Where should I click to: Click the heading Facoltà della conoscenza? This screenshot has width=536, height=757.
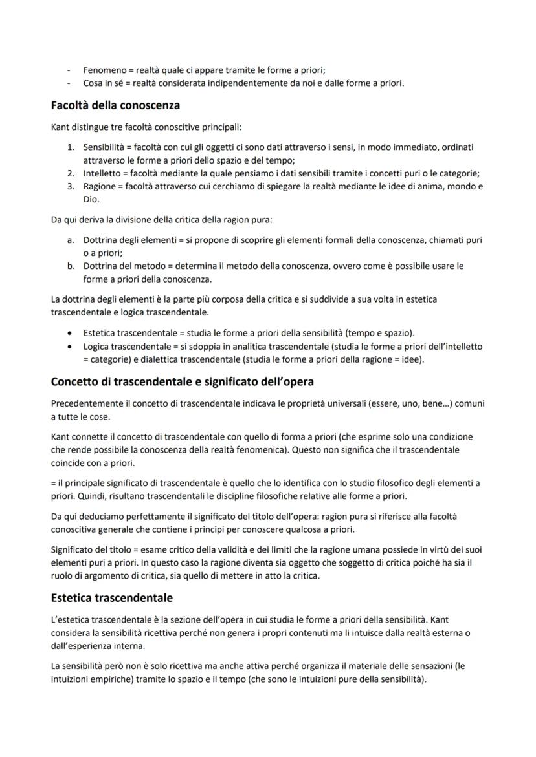coord(115,105)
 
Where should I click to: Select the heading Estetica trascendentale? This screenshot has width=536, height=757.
coord(111,598)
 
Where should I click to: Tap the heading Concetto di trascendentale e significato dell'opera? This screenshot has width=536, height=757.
coord(182,381)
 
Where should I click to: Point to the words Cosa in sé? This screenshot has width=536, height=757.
coord(104,83)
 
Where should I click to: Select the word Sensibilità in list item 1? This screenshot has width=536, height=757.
coord(103,147)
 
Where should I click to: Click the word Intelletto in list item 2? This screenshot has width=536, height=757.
coord(102,173)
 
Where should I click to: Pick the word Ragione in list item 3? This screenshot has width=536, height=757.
coord(99,187)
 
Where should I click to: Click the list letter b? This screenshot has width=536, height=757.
coord(70,266)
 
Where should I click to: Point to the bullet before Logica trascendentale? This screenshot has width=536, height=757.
coord(70,347)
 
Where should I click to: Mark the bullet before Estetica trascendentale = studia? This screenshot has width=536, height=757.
coord(70,333)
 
